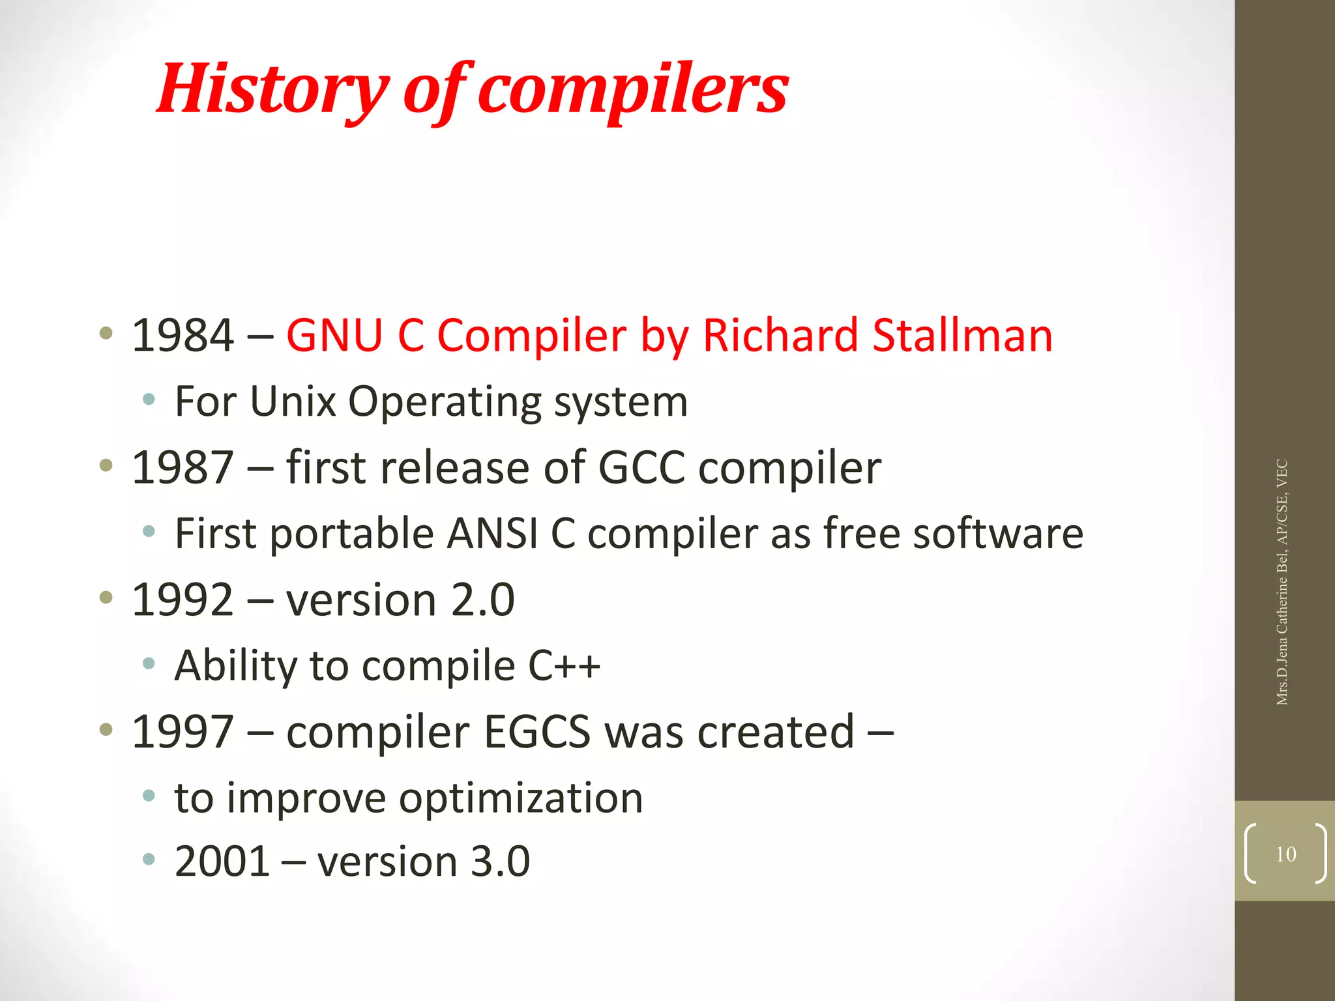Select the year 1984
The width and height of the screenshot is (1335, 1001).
(183, 336)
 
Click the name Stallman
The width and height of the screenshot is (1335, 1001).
(962, 336)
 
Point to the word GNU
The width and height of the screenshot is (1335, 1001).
(334, 336)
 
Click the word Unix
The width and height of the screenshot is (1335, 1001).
(293, 401)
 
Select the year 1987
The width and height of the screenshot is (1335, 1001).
(183, 468)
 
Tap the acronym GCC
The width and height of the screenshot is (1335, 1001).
(641, 468)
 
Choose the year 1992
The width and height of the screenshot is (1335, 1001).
(183, 600)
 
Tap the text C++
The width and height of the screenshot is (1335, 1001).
(564, 666)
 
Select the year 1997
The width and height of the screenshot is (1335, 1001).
(183, 732)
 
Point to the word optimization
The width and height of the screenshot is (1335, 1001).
(521, 799)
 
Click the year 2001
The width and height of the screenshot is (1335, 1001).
(222, 862)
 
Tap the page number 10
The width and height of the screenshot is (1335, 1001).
(1285, 854)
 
